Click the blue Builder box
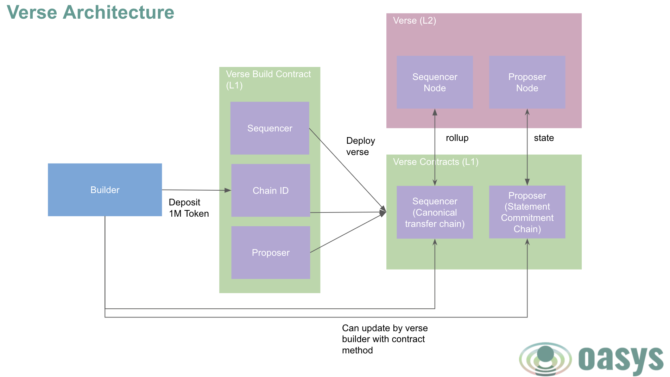point(105,190)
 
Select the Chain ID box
point(270,190)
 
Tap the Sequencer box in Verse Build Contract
point(270,128)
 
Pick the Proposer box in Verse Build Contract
point(270,253)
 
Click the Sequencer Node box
point(435,82)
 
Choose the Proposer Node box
point(527,82)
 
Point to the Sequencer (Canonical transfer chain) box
point(435,212)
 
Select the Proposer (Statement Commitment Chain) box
point(527,212)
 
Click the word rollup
point(457,138)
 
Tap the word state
point(544,138)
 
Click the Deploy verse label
point(360,146)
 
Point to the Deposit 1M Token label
point(189,208)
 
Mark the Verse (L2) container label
point(414,20)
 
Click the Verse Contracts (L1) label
point(435,162)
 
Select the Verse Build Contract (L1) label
point(268,79)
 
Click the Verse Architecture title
point(90,12)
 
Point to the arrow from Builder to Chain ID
point(196,190)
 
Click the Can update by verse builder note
point(385,339)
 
